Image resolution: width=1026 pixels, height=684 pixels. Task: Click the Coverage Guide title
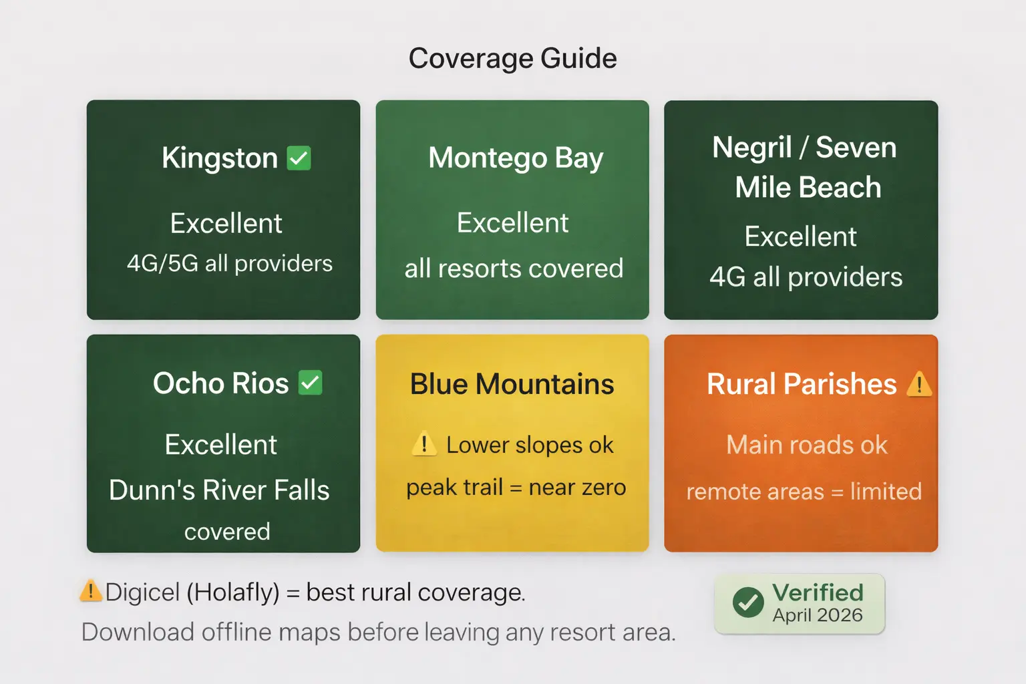512,59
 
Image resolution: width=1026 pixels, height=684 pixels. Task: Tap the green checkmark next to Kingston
299,158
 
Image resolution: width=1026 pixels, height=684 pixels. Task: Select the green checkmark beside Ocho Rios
310,383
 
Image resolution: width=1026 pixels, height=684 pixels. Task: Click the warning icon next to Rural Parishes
919,384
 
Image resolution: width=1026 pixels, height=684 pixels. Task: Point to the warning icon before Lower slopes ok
424,444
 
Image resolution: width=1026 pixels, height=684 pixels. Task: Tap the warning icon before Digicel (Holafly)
90,591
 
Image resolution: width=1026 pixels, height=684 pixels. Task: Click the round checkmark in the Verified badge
748,603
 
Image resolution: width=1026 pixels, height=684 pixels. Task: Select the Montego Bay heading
516,158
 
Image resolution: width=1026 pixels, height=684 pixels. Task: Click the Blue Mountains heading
512,384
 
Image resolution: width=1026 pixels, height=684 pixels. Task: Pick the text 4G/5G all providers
230,264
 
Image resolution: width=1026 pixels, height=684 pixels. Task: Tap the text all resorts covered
514,269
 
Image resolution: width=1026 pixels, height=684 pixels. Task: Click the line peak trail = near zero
516,488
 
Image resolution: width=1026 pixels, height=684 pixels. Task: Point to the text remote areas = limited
804,492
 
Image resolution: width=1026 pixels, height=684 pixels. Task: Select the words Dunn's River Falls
219,490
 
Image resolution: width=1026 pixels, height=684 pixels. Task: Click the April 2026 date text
818,615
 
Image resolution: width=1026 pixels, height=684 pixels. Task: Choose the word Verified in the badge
818,592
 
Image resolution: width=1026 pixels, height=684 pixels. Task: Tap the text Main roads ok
807,445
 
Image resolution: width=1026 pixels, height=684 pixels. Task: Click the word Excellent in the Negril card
800,236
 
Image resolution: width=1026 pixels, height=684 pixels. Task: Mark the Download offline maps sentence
379,632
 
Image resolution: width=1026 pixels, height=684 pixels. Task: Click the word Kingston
220,158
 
